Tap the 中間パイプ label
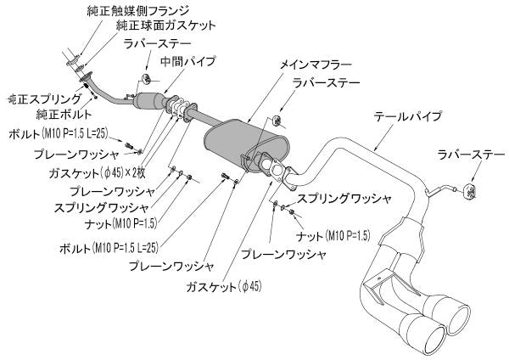[188, 62]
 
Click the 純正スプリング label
[42, 99]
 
